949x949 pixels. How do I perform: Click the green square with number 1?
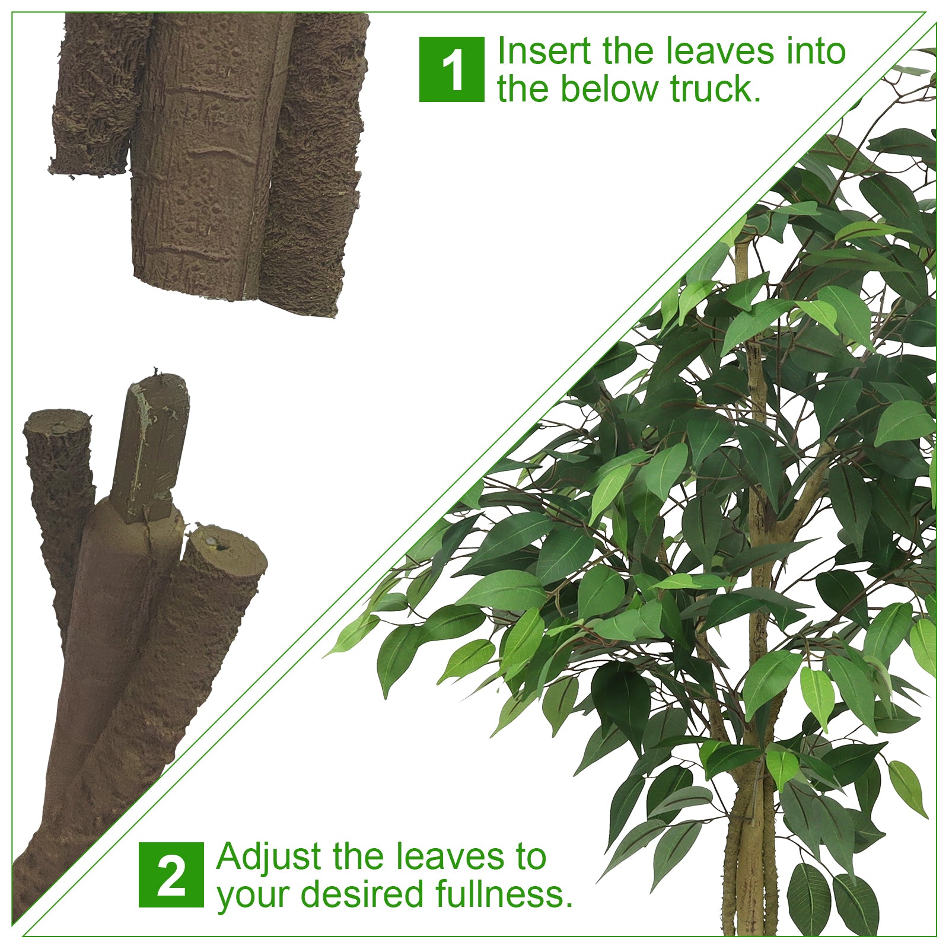pyautogui.click(x=451, y=69)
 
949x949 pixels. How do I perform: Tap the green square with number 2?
pyautogui.click(x=171, y=875)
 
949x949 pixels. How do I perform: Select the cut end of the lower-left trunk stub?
pyautogui.click(x=58, y=422)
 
